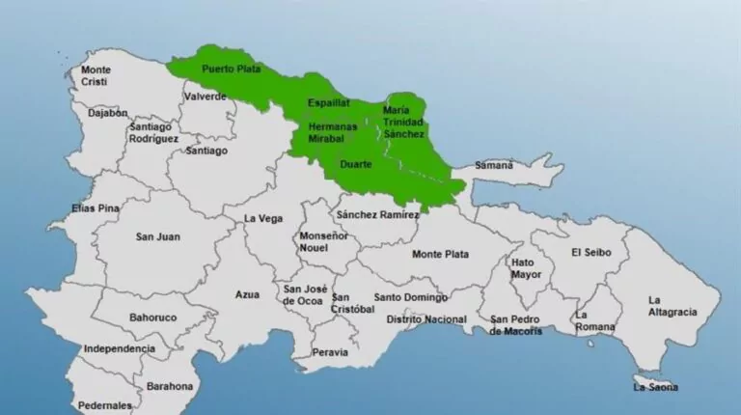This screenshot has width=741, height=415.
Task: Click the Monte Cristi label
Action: click(x=96, y=76)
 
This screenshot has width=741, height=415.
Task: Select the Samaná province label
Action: click(x=494, y=165)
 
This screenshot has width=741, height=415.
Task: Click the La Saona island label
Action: click(x=655, y=387)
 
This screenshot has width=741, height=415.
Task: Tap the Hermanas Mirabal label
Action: click(x=333, y=132)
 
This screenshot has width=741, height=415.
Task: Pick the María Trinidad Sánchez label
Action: click(x=403, y=122)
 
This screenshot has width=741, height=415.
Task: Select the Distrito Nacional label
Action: click(x=426, y=319)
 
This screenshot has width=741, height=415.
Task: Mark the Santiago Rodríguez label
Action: click(x=153, y=132)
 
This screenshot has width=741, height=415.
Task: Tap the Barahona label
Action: click(x=170, y=386)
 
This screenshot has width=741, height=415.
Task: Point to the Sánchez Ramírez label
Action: click(x=377, y=214)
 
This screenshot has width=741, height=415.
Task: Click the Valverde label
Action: click(x=206, y=97)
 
